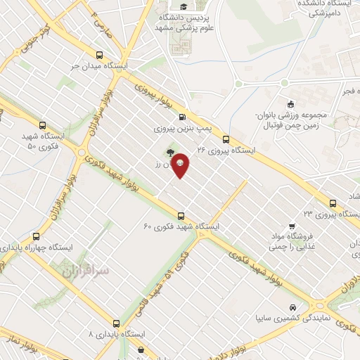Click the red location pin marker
pyautogui.click(x=180, y=164)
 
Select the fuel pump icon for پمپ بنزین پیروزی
pyautogui.click(x=183, y=117)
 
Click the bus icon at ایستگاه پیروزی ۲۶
pyautogui.click(x=226, y=139)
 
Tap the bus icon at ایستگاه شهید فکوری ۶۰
pyautogui.click(x=181, y=215)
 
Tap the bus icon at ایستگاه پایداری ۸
pyautogui.click(x=116, y=323)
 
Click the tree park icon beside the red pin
pyautogui.click(x=169, y=152)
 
